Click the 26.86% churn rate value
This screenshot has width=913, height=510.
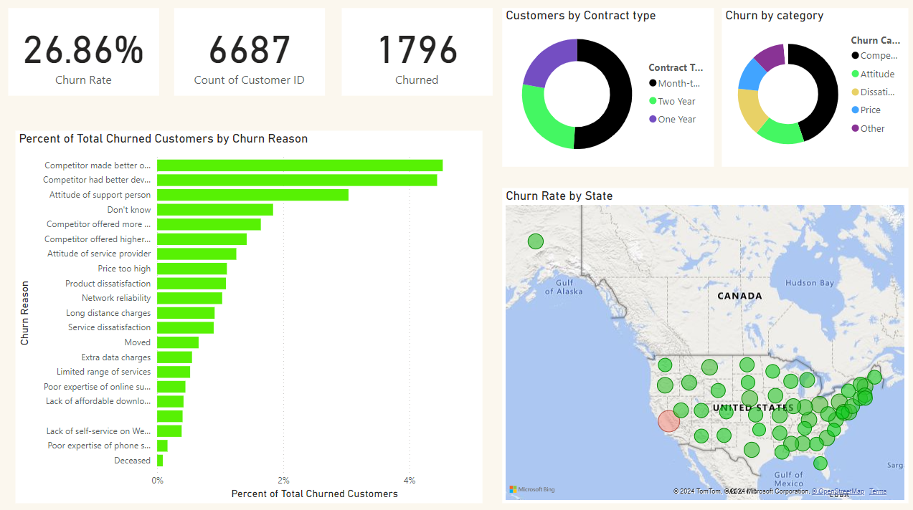coord(83,51)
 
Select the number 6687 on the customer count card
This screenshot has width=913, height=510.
coord(250,51)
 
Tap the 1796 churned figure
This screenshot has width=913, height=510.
coord(417,51)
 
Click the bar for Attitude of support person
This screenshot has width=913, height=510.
coord(252,195)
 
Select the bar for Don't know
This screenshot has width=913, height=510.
coord(215,210)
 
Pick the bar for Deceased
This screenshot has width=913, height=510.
coord(160,461)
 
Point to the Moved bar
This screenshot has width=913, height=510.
coord(178,342)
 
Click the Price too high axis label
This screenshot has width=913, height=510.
coord(124,269)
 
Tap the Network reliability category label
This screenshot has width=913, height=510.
coord(116,298)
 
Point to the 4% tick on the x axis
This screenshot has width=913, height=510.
coord(410,480)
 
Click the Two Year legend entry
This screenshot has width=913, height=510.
coord(676,102)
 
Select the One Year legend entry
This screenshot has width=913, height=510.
coord(676,120)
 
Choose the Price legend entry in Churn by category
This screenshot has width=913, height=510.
coord(870,110)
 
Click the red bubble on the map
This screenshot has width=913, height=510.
coord(668,422)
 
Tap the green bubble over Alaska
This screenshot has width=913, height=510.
coord(536,241)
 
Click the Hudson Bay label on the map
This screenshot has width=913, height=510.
coord(810,283)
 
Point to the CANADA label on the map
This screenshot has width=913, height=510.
coord(739,296)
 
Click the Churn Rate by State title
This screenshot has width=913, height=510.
coord(559,196)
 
